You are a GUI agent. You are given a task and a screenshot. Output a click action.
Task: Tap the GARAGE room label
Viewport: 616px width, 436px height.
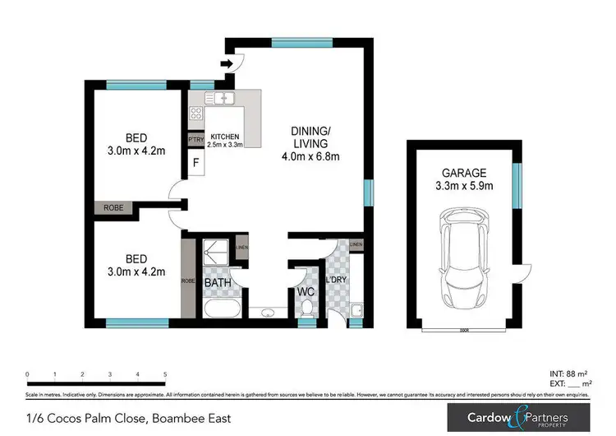coord(463,173)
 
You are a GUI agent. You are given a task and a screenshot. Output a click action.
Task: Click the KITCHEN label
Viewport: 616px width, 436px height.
coord(224,137)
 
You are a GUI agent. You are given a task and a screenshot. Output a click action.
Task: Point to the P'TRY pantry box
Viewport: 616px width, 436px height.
coord(195,139)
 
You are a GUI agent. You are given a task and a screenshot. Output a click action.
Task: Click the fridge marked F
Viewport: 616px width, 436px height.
coord(195,162)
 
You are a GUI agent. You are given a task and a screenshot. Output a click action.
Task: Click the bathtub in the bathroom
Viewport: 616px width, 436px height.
coord(219,310)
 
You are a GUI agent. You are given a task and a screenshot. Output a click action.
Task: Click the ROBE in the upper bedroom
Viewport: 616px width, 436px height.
coord(113,208)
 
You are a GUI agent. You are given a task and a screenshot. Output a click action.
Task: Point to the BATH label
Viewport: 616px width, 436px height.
coord(218,284)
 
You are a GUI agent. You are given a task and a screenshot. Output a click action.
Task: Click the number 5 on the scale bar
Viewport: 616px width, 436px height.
coord(165,373)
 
